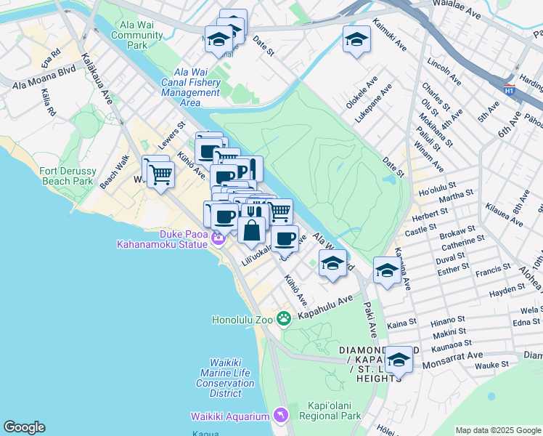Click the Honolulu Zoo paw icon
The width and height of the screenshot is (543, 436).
pos(284,318)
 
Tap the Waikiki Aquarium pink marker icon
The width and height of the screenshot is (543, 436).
pos(281,415)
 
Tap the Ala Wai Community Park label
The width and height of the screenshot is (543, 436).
pos(137,35)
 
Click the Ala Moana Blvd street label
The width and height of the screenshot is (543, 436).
pos(44,85)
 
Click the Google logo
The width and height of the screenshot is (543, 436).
pos(24,427)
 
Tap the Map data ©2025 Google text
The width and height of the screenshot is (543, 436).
pos(497,430)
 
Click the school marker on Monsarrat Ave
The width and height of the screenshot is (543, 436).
pos(399,359)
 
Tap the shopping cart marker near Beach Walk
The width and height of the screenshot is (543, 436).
pos(160,174)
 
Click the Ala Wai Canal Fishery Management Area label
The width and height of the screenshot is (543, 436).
pos(190,88)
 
